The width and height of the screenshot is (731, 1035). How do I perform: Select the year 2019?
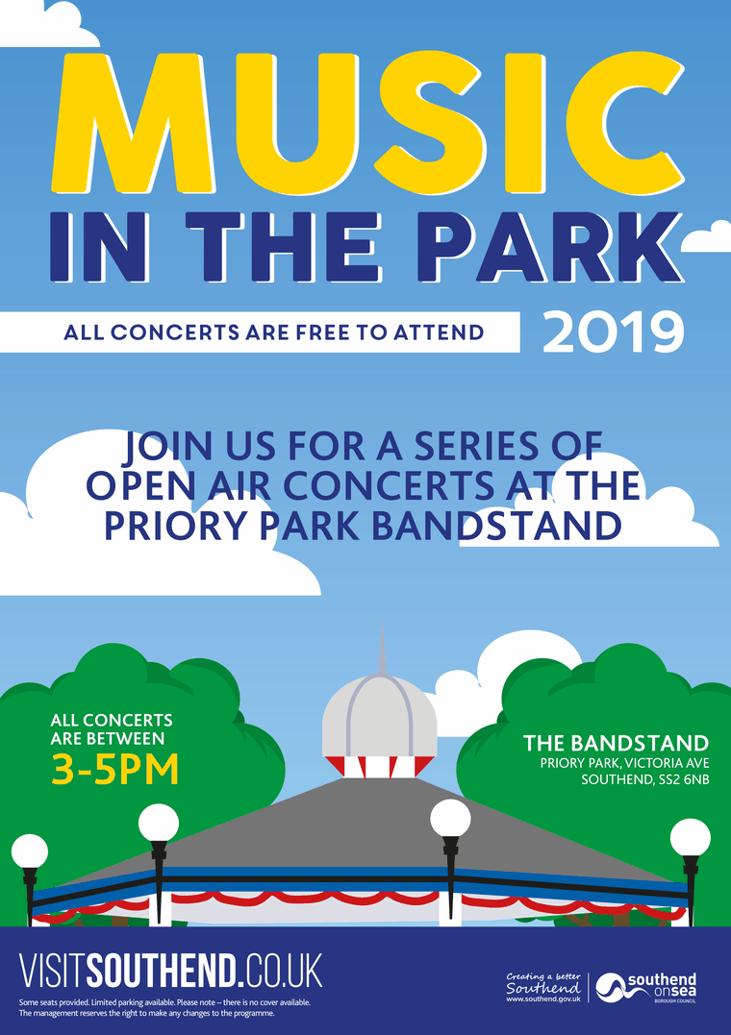coord(613,332)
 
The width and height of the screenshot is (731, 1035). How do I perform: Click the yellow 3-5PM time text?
coord(114,770)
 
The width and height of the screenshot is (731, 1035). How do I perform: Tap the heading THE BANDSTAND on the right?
coord(616,743)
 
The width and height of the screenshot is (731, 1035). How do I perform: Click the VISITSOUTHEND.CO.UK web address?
coord(171,971)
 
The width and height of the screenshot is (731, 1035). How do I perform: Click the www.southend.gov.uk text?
coord(543,999)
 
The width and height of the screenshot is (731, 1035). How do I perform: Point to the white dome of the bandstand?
coord(378,719)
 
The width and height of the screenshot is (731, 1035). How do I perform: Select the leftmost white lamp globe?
coord(30,851)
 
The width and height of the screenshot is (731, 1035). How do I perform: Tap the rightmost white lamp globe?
coord(690,837)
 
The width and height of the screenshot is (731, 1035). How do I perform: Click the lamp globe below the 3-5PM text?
coord(159,824)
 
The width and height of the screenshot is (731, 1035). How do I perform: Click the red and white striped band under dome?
coord(378,766)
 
